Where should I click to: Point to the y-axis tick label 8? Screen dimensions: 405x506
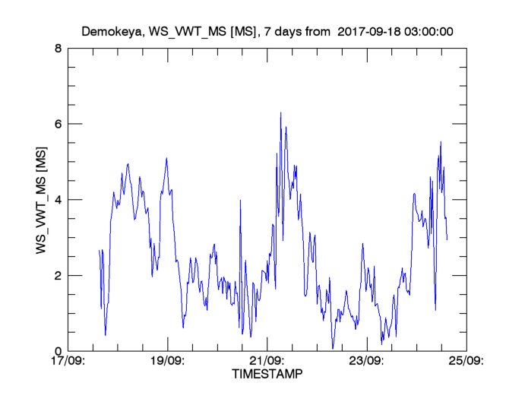pyautogui.click(x=59, y=48)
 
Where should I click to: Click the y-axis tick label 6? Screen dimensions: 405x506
pyautogui.click(x=59, y=124)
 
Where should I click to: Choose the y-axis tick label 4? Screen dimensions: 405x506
pyautogui.click(x=59, y=200)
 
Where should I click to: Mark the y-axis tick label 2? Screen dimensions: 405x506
pyautogui.click(x=59, y=275)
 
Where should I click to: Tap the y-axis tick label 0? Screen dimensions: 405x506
pyautogui.click(x=59, y=351)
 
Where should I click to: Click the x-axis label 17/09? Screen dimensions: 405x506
pyautogui.click(x=68, y=362)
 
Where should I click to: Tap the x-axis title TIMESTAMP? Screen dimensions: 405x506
pyautogui.click(x=267, y=375)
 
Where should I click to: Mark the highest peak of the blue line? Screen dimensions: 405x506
pyautogui.click(x=280, y=112)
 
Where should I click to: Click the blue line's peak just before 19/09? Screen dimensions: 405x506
pyautogui.click(x=166, y=158)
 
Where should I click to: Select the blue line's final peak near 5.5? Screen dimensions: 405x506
pyautogui.click(x=441, y=142)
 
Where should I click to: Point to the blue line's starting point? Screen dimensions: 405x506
pyautogui.click(x=100, y=250)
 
